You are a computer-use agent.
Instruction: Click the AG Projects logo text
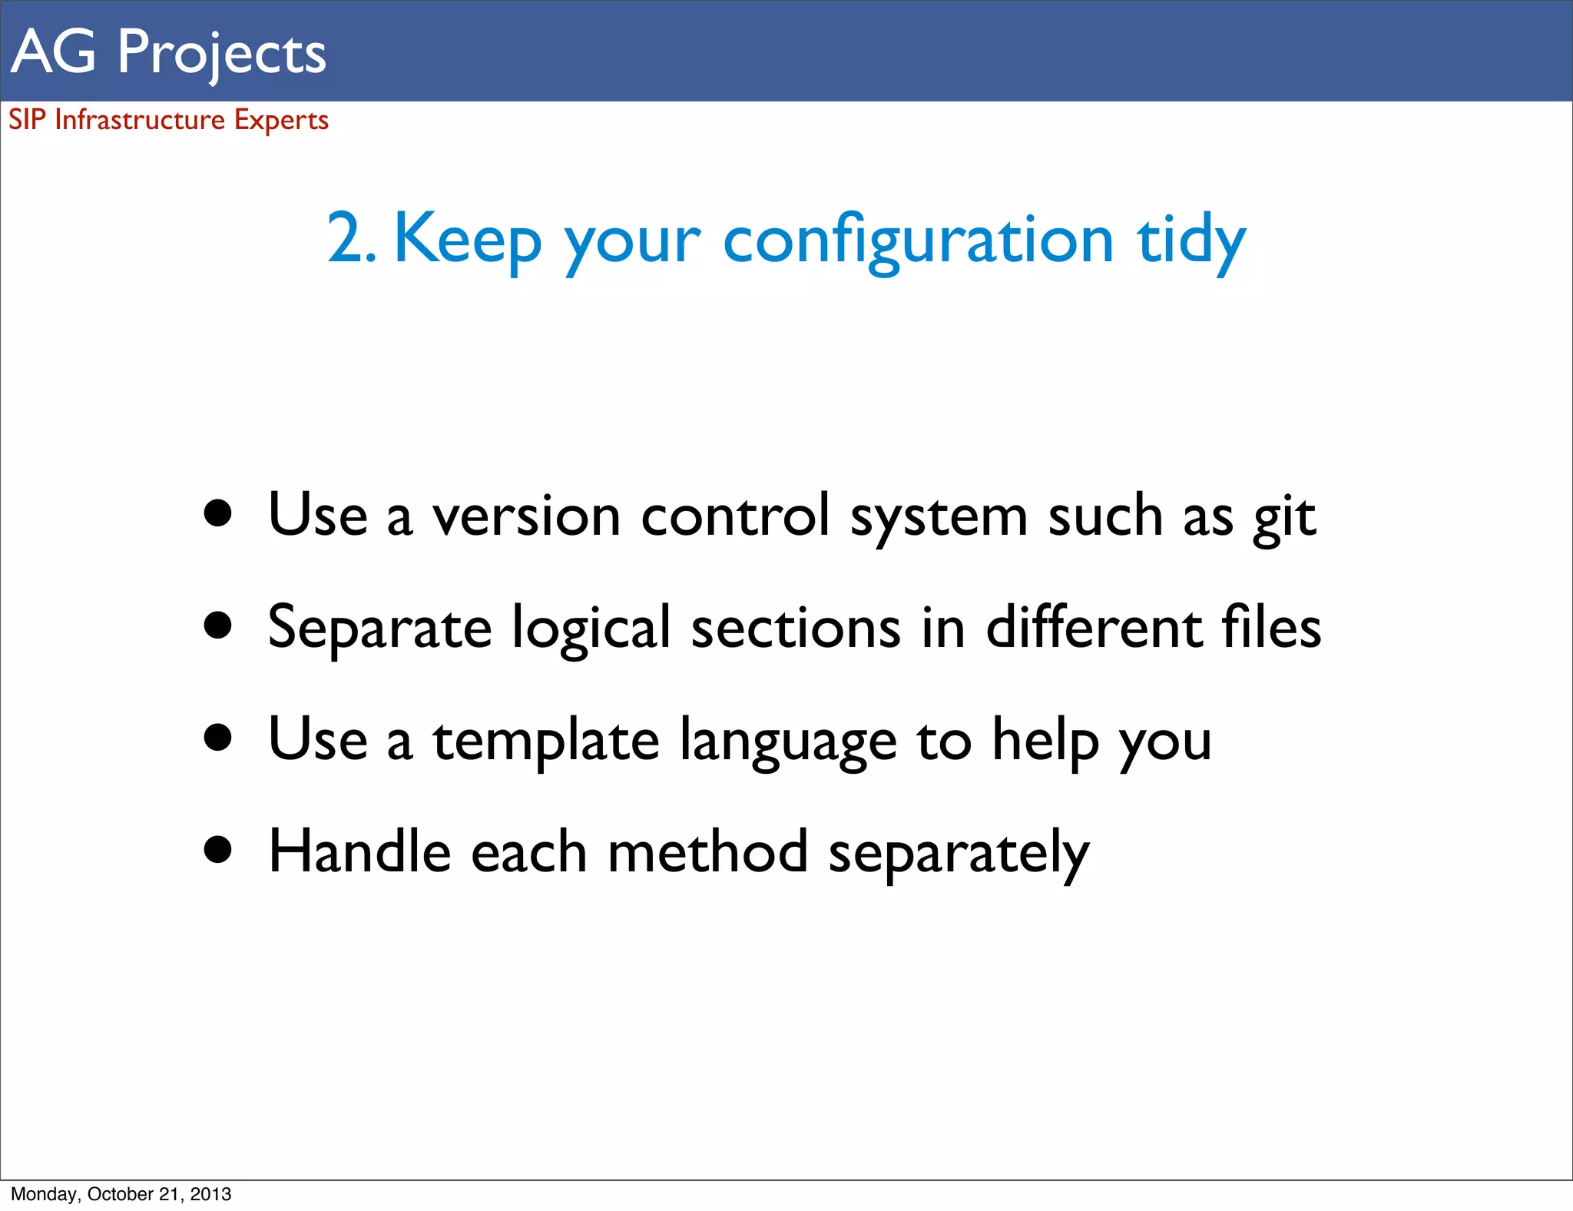click(169, 52)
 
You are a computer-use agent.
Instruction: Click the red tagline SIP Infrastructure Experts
click(168, 120)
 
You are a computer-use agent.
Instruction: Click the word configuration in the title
click(918, 241)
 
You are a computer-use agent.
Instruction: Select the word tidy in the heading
click(1191, 241)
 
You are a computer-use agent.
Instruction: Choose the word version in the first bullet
click(526, 516)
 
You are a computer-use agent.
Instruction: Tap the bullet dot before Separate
click(218, 625)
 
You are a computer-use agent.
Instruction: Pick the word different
click(1094, 627)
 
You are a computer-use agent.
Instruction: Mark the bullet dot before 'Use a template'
click(218, 738)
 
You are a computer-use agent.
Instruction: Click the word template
click(546, 742)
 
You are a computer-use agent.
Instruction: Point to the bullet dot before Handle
click(218, 850)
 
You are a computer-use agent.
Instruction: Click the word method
click(707, 852)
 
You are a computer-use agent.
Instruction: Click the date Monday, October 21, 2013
click(121, 1194)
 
